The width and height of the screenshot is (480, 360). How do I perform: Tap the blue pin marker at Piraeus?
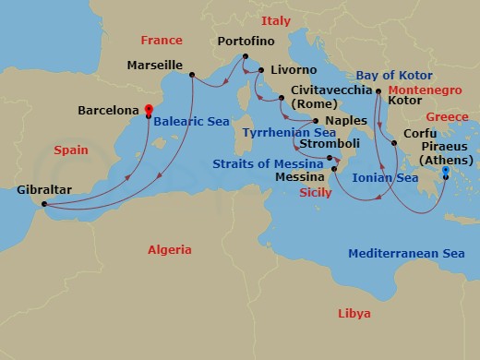tap(445, 173)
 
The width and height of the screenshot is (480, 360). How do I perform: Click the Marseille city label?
tap(153, 66)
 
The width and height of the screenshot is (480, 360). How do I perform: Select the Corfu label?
tap(421, 133)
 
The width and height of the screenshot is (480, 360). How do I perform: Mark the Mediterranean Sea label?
tap(405, 253)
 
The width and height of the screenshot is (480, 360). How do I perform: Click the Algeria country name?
tap(170, 249)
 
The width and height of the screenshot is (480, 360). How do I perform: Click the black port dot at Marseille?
tap(192, 75)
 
